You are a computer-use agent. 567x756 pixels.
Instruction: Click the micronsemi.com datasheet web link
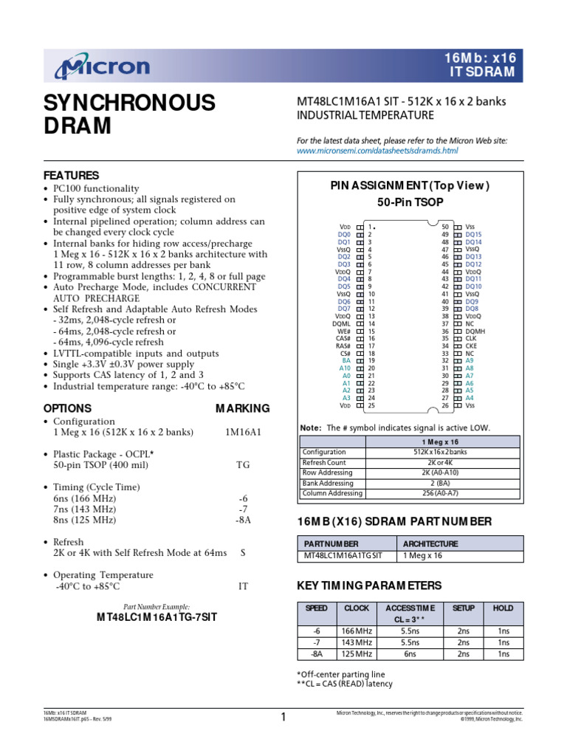[x=377, y=151]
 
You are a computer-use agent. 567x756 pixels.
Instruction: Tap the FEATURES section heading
[x=71, y=176]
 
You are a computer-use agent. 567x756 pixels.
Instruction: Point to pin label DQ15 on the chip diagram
[x=472, y=234]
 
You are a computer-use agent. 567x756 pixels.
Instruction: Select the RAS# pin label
[x=343, y=346]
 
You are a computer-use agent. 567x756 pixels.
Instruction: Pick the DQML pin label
[x=341, y=323]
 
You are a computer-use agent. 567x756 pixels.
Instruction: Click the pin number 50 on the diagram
[x=445, y=227]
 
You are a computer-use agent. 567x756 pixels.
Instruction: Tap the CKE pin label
[x=470, y=346]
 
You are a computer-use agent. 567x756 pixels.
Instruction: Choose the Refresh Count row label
[x=324, y=462]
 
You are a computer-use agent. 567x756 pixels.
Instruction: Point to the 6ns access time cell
[x=410, y=654]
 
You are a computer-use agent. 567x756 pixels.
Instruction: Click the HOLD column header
[x=504, y=608]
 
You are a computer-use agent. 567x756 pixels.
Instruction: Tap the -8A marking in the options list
[x=242, y=520]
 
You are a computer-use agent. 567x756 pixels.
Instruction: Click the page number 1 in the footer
[x=283, y=716]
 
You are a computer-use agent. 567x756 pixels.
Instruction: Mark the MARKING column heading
[x=242, y=408]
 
